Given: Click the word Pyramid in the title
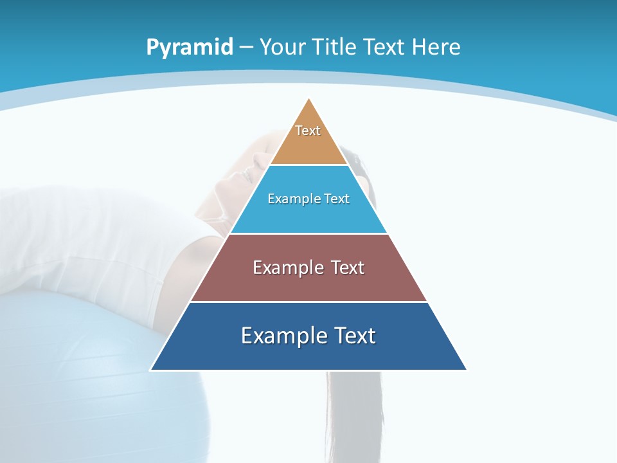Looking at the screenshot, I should pos(190,48).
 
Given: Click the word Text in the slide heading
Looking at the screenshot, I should pos(384,48).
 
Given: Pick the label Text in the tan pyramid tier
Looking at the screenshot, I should pos(308,131).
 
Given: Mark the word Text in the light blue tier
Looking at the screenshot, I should pos(337,199).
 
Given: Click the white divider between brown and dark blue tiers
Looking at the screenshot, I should pos(308,302).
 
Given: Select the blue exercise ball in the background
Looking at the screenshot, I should pos(71,373).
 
